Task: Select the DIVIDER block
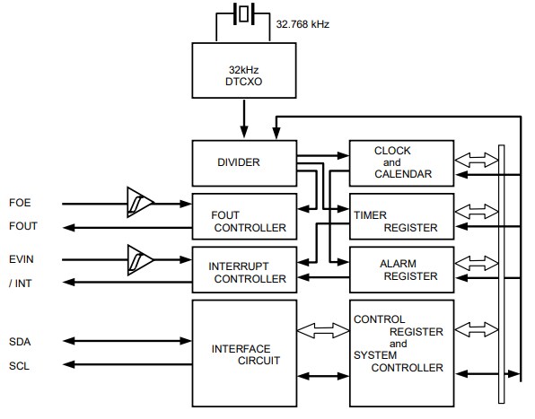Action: point(244,162)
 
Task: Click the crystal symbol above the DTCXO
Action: point(244,15)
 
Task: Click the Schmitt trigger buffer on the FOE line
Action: point(139,202)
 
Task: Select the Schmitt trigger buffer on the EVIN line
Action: point(139,259)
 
